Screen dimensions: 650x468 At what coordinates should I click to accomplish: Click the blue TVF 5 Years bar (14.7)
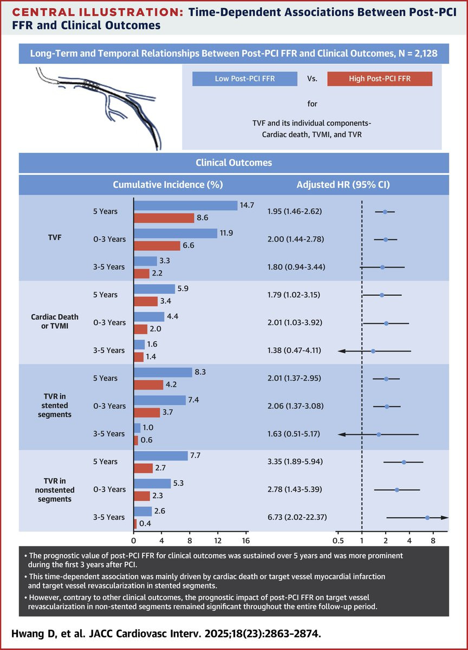coord(185,205)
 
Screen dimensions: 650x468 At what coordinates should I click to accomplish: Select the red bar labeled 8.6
coord(164,218)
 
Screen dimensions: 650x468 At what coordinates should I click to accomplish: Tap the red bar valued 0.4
coord(135,524)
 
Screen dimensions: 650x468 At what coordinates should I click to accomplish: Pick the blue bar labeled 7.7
coord(160,456)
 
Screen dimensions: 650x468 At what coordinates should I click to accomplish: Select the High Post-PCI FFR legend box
coord(380,79)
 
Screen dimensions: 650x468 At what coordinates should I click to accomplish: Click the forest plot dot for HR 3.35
coord(404,462)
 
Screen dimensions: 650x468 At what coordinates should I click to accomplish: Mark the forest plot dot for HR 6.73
coord(427,518)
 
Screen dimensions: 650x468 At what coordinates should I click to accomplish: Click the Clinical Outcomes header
coord(234,162)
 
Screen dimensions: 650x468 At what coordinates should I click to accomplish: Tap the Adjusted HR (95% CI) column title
coord(343,184)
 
